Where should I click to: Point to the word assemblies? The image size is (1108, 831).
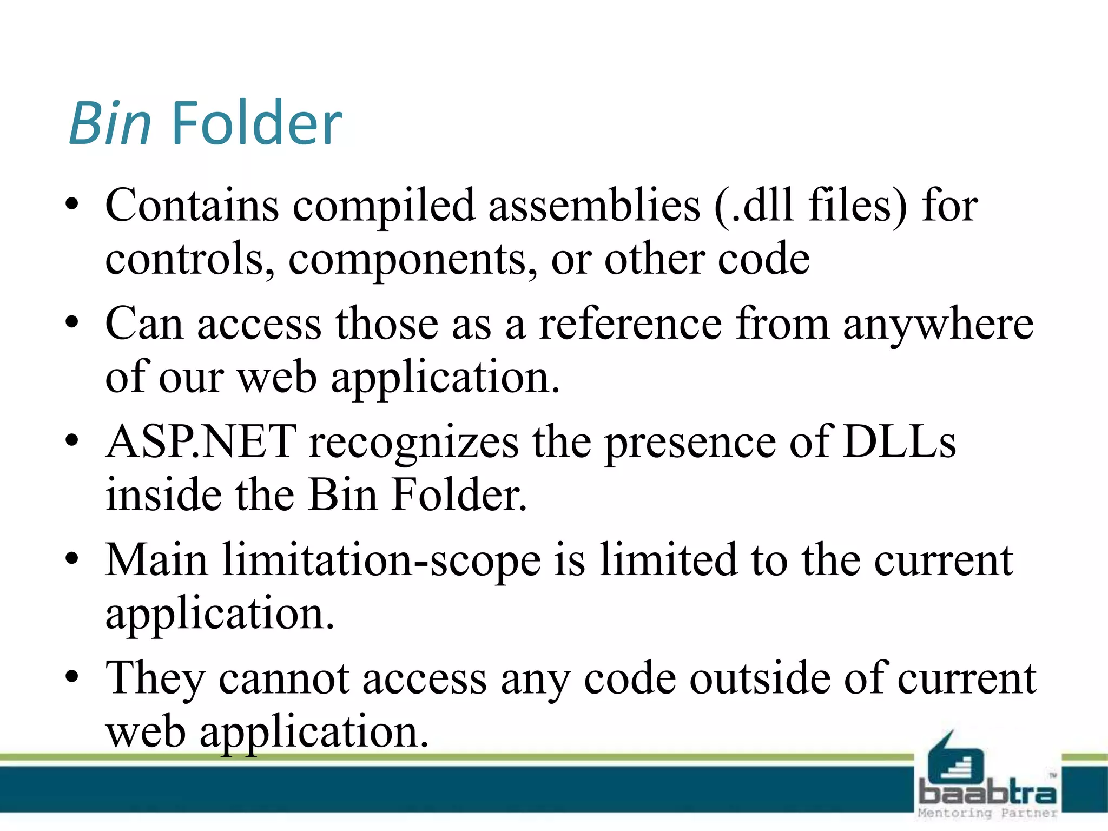[x=594, y=206]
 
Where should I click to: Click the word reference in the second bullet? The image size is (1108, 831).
[x=630, y=324]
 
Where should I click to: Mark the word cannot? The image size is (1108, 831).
[x=285, y=679]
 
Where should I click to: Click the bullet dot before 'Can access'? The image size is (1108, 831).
[x=72, y=323]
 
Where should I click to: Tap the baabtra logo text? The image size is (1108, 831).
[x=987, y=793]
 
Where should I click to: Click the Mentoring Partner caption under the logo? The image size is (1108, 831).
[x=987, y=813]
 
